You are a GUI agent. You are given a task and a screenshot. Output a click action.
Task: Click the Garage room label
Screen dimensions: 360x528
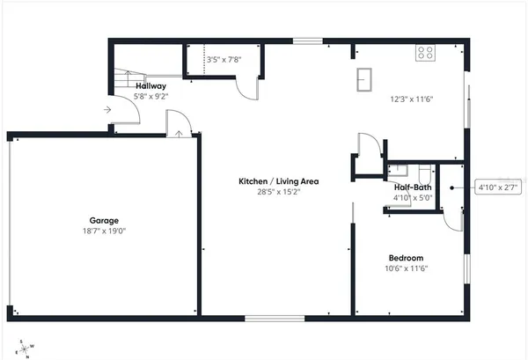(x=104, y=221)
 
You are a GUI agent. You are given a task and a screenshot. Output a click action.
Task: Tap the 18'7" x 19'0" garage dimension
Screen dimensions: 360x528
(x=104, y=231)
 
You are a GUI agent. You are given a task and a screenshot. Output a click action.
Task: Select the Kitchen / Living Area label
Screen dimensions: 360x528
(x=278, y=181)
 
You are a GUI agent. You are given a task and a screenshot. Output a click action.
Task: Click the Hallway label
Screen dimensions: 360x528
(x=150, y=85)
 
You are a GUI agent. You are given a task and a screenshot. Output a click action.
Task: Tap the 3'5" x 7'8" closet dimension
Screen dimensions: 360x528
(x=223, y=60)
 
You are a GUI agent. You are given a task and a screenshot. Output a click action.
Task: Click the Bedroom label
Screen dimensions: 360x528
(x=407, y=258)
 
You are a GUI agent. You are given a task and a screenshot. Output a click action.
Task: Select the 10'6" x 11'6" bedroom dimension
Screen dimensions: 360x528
(x=407, y=268)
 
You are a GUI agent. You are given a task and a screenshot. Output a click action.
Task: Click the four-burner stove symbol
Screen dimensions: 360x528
(x=426, y=53)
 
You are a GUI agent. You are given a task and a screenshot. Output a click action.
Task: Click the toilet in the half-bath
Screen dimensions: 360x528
(x=423, y=170)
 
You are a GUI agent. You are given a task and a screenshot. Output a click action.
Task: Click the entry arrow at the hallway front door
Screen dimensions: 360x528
(x=106, y=110)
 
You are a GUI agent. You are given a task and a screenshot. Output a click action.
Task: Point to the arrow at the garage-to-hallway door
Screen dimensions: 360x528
(x=180, y=133)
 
